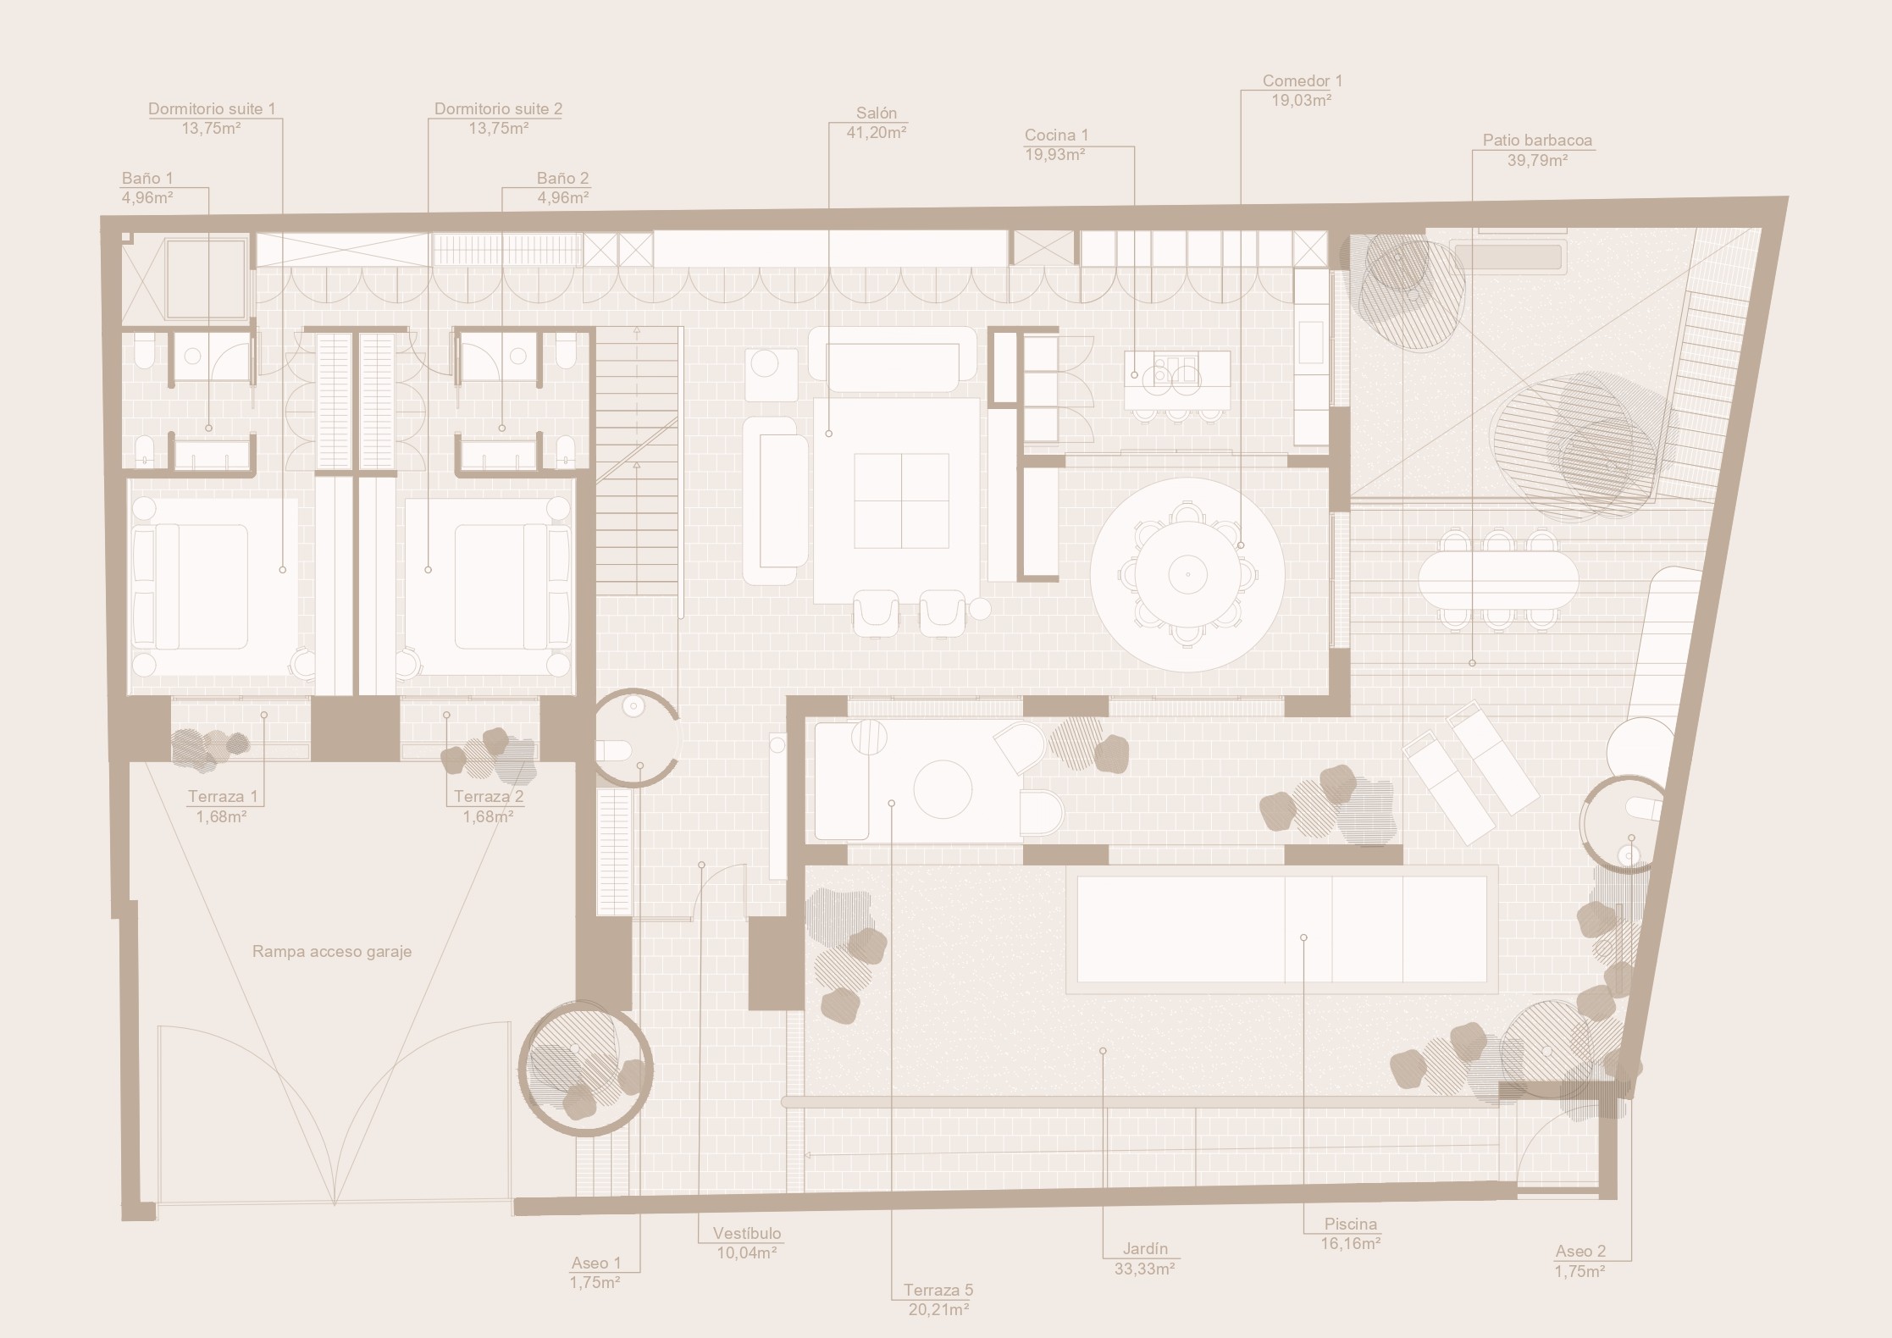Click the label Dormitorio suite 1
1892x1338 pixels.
(x=212, y=109)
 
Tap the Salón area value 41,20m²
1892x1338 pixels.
(x=877, y=132)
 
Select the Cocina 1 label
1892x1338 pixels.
(x=1056, y=135)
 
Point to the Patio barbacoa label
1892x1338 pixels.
(x=1537, y=141)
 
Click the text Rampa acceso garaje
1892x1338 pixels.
(x=332, y=952)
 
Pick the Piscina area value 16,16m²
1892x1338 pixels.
(x=1351, y=1244)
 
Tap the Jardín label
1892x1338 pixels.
(x=1146, y=1248)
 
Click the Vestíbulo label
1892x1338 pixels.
(x=747, y=1234)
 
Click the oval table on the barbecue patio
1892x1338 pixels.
(x=1498, y=579)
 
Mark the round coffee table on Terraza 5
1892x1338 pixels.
(x=943, y=790)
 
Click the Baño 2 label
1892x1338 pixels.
(x=562, y=179)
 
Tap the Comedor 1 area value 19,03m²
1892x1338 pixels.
(x=1302, y=100)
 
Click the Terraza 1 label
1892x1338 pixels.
(x=223, y=797)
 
